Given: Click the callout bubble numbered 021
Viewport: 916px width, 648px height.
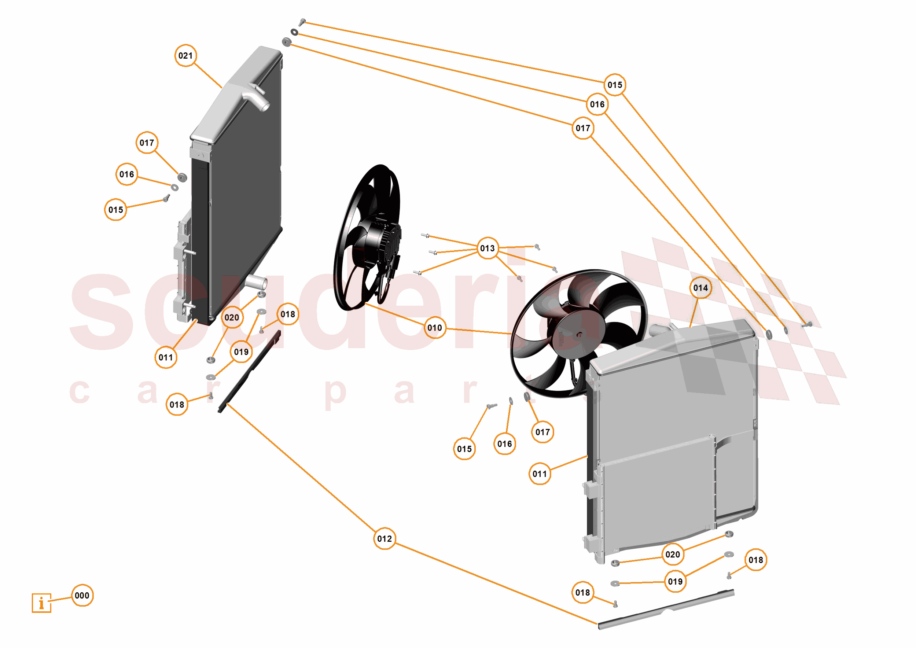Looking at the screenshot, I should [185, 55].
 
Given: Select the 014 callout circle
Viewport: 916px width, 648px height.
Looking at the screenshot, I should [700, 288].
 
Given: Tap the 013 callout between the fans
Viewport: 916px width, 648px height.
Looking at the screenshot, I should [487, 248].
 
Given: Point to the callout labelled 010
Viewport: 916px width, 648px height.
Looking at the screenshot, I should [434, 328].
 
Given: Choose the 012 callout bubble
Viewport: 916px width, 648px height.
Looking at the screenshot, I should [384, 539].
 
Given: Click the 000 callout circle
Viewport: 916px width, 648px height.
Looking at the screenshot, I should [82, 595].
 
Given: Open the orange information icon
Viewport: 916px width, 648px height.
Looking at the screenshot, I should [41, 603].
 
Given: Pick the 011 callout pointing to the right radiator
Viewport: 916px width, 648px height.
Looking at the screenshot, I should [540, 474].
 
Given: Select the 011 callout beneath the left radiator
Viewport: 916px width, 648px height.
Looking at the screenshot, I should [166, 357].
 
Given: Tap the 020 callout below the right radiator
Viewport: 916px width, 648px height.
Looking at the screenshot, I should [673, 554].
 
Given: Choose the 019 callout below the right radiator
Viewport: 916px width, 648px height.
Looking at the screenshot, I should [675, 581].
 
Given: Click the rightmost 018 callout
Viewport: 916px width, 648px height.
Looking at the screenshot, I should [755, 560].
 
